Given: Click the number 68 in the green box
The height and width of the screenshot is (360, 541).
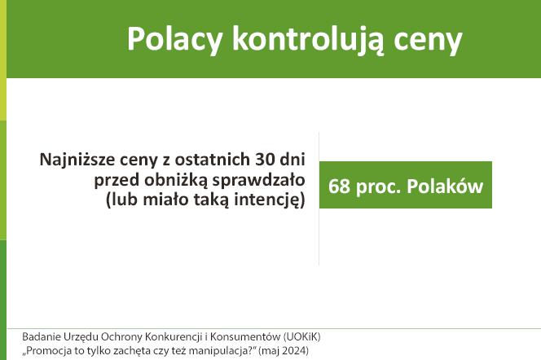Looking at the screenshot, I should pos(339,187).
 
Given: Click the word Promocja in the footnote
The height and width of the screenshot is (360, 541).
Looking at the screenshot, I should pos(51,352).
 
